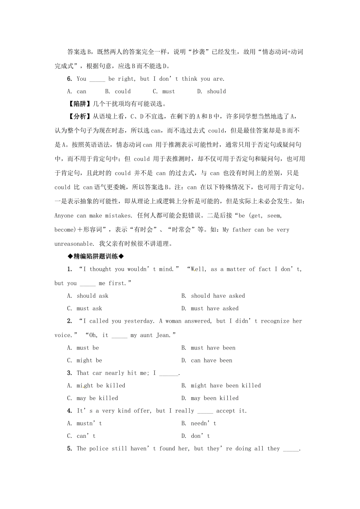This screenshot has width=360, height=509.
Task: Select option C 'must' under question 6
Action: point(164,91)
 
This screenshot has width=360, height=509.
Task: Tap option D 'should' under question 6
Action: point(211,91)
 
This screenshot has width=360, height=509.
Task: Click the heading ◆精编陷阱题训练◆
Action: point(96,256)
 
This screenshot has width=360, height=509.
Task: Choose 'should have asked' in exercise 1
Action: point(213,296)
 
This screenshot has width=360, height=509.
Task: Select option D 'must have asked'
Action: point(210,308)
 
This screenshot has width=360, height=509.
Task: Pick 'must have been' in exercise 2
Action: point(208,348)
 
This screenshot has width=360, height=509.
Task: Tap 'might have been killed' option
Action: point(221,386)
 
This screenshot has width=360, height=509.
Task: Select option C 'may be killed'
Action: point(92,398)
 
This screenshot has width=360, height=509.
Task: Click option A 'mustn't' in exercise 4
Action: point(85,423)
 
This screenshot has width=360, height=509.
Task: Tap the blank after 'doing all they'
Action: point(291,449)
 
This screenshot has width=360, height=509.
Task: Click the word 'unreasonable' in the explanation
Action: point(74,244)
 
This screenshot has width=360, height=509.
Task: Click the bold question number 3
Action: point(70,373)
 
